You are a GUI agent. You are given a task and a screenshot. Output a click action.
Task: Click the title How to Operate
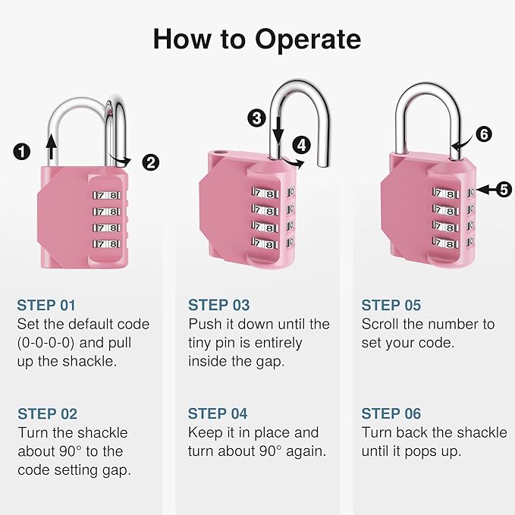click(x=257, y=39)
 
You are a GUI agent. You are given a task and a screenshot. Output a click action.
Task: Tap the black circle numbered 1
click(x=24, y=152)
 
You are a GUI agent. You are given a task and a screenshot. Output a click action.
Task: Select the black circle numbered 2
click(x=151, y=162)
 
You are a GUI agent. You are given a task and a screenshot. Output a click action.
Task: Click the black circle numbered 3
click(x=256, y=118)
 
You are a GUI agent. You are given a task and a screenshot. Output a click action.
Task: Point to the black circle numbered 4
click(x=303, y=144)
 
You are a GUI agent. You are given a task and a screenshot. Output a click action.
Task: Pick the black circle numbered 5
click(x=504, y=190)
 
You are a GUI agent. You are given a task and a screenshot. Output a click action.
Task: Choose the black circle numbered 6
click(x=483, y=134)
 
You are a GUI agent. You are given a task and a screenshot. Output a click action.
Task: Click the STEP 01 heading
click(x=47, y=306)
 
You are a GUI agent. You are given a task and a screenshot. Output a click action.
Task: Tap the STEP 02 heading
click(x=47, y=414)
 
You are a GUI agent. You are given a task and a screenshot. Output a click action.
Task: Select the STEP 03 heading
click(x=218, y=306)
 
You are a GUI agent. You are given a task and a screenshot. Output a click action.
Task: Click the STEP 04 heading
click(x=218, y=414)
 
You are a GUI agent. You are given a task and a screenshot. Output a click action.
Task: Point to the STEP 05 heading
click(x=391, y=306)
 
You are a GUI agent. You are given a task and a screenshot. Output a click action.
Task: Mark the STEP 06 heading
click(x=391, y=414)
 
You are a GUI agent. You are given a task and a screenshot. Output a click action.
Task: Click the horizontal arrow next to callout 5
click(x=482, y=190)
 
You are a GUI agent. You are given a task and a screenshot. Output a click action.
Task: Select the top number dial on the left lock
click(x=107, y=194)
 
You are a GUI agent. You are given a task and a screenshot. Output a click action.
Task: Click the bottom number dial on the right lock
click(x=447, y=241)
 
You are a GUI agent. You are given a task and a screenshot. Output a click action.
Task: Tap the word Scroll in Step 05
click(x=383, y=324)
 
